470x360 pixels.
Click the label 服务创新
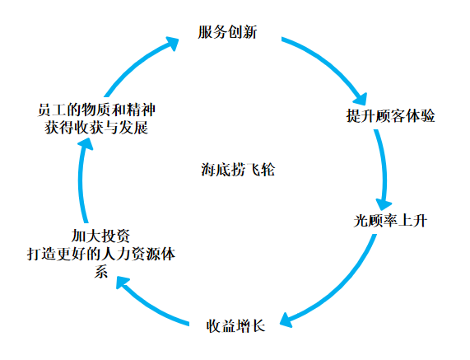pyautogui.click(x=227, y=32)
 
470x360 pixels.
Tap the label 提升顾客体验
pyautogui.click(x=390, y=115)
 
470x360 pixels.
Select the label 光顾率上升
pyautogui.click(x=390, y=221)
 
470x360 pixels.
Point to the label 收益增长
pyautogui.click(x=235, y=325)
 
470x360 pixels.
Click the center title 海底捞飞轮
pyautogui.click(x=238, y=170)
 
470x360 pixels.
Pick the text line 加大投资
pyautogui.click(x=100, y=236)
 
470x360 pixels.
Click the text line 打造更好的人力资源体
pyautogui.click(x=101, y=254)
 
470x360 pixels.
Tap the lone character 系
pyautogui.click(x=100, y=272)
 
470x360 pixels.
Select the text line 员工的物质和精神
pyautogui.click(x=96, y=110)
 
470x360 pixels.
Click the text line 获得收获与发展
pyautogui.click(x=96, y=128)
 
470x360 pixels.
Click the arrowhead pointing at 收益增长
pyautogui.click(x=286, y=320)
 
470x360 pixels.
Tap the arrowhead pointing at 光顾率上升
pyautogui.click(x=384, y=204)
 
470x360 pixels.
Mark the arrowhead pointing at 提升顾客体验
pyautogui.click(x=361, y=99)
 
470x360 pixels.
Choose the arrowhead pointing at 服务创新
pyautogui.click(x=172, y=44)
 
